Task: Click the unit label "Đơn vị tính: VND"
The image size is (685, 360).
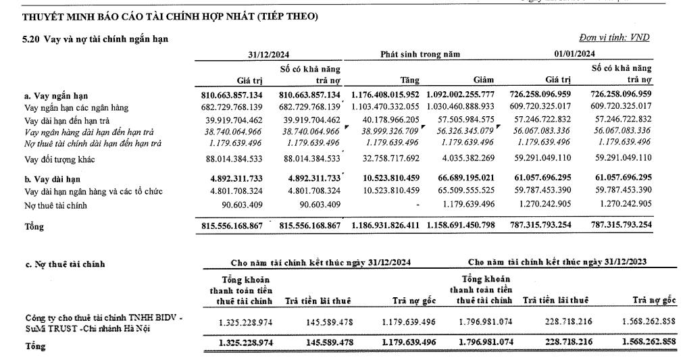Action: click(614, 38)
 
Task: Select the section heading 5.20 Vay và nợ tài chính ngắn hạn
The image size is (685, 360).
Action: click(95, 39)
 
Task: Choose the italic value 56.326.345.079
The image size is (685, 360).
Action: click(465, 131)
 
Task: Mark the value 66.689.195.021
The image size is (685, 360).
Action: click(465, 178)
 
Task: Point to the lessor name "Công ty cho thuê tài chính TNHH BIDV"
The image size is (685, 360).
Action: click(98, 317)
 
